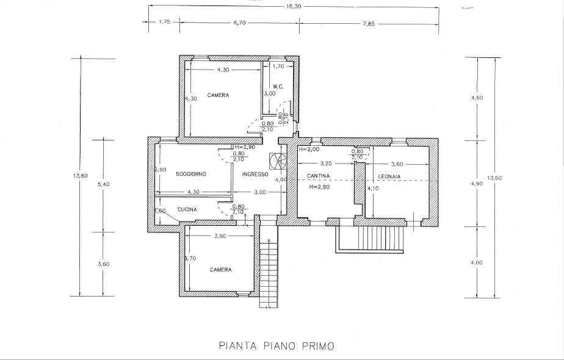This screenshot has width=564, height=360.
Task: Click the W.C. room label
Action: pyautogui.click(x=278, y=87)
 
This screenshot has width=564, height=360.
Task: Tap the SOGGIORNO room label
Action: pyautogui.click(x=190, y=174)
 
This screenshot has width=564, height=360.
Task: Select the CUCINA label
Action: pyautogui.click(x=187, y=209)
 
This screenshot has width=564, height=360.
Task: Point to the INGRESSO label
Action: pyautogui.click(x=255, y=175)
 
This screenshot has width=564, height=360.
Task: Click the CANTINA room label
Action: pyautogui.click(x=318, y=176)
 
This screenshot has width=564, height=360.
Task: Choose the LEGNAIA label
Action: pyautogui.click(x=389, y=176)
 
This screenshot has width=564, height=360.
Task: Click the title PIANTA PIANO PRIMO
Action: pyautogui.click(x=277, y=346)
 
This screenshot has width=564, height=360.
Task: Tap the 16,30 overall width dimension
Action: pyautogui.click(x=294, y=7)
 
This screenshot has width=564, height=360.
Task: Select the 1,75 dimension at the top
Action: pyautogui.click(x=164, y=21)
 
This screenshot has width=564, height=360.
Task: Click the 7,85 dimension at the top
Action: pyautogui.click(x=369, y=24)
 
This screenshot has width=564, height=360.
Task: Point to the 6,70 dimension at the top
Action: pyautogui.click(x=239, y=23)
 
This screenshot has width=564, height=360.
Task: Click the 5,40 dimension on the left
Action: pyautogui.click(x=103, y=184)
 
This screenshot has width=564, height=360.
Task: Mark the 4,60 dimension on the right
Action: pyautogui.click(x=477, y=98)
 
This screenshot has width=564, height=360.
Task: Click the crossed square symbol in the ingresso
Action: pyautogui.click(x=278, y=160)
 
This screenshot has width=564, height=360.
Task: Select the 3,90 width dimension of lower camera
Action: pyautogui.click(x=220, y=236)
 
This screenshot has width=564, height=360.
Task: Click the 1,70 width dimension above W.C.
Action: pyautogui.click(x=278, y=66)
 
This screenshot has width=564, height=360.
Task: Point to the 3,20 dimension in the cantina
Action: pyautogui.click(x=325, y=164)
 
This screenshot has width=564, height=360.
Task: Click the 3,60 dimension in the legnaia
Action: pyautogui.click(x=397, y=164)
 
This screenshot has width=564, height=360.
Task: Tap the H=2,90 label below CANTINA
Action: pyautogui.click(x=319, y=187)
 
